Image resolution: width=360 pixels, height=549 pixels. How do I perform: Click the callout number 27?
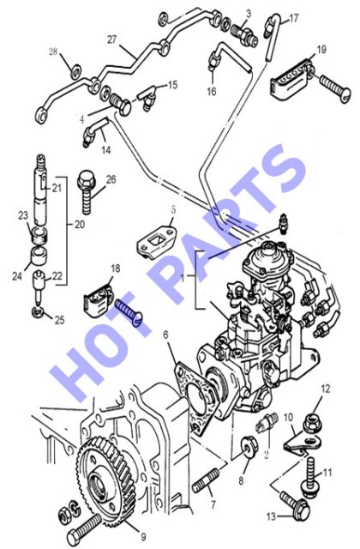click(111, 39)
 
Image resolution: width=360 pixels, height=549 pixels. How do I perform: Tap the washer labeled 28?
click(75, 72)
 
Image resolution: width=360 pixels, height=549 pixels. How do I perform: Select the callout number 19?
click(321, 50)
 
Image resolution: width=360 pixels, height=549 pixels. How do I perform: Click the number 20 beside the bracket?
click(80, 224)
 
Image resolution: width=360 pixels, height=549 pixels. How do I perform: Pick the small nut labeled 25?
click(38, 311)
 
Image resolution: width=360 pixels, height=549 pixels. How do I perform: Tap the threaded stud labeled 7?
click(206, 481)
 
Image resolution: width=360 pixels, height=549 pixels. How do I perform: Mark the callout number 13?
click(272, 516)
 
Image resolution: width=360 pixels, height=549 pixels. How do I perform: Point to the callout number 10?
click(288, 418)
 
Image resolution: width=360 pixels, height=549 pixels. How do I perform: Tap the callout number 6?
click(165, 335)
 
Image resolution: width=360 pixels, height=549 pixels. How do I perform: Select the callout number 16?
click(212, 92)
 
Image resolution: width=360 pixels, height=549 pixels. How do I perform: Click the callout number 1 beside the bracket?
click(182, 278)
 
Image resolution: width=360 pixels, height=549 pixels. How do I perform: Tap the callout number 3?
click(249, 15)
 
